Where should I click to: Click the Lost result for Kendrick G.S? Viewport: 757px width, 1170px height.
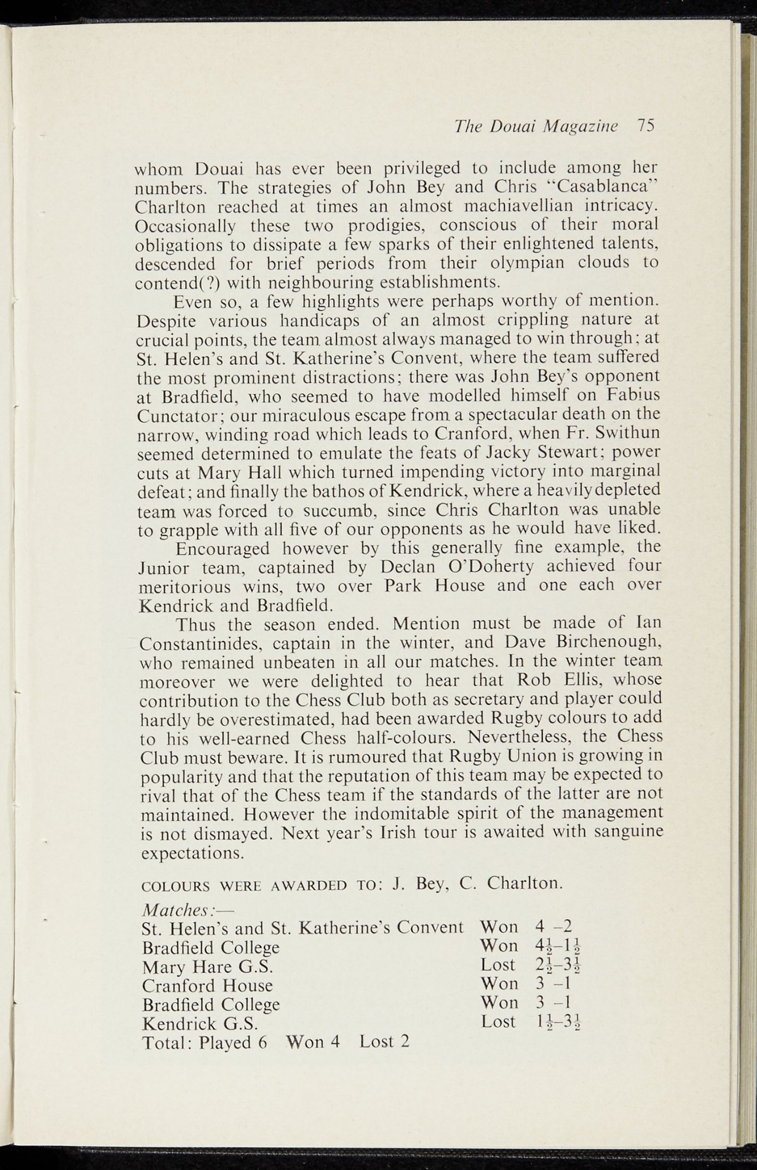coord(498,1021)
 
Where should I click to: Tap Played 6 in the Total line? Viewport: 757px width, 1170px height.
coord(233,1042)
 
